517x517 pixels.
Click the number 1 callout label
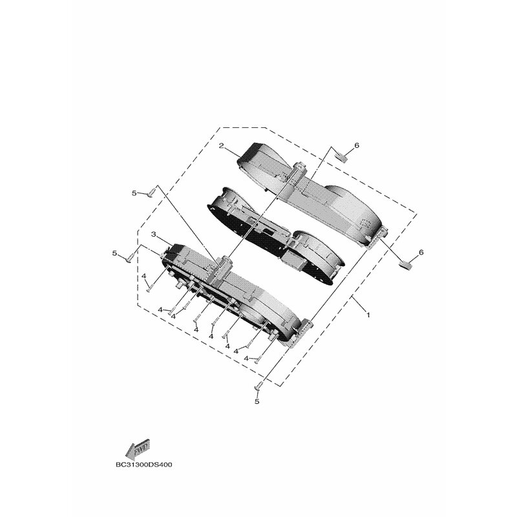tap(368, 315)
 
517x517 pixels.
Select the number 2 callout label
tap(222, 146)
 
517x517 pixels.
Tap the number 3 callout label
tap(153, 235)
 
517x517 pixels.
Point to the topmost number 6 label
tap(357, 145)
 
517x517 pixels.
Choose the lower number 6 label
tap(421, 252)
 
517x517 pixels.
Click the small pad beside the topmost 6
tap(341, 158)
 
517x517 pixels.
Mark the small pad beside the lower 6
tap(406, 265)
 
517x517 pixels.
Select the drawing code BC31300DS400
tap(143, 465)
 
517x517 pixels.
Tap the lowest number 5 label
tap(257, 401)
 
